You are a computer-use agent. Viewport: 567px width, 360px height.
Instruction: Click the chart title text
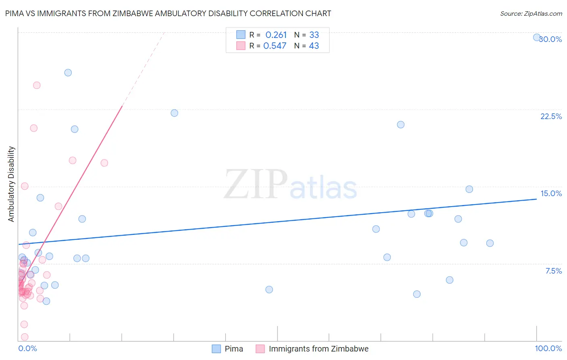[x=168, y=13]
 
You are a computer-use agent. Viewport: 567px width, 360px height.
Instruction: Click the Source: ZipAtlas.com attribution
[x=531, y=13]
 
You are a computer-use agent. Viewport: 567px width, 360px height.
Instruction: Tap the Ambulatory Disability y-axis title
[x=11, y=184]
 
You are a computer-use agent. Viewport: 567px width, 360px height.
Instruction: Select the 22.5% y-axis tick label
[x=551, y=116]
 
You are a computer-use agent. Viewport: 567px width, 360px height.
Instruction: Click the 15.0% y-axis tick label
[x=551, y=193]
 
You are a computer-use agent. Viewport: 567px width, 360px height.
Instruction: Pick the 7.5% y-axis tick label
[x=553, y=271]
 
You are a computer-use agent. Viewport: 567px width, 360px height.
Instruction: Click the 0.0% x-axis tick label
[x=27, y=348]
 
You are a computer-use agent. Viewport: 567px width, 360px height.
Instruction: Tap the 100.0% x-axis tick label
[x=548, y=348]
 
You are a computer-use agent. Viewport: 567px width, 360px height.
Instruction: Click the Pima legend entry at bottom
[x=228, y=349]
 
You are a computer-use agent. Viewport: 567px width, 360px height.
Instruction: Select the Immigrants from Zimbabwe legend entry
[x=313, y=349]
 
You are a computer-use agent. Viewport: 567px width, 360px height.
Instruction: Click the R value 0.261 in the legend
[x=276, y=35]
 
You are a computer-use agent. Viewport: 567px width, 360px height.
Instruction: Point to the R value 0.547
[x=275, y=46]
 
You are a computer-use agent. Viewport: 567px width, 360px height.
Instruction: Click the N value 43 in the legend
[x=314, y=46]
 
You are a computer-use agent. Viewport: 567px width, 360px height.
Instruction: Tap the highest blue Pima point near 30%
[x=537, y=38]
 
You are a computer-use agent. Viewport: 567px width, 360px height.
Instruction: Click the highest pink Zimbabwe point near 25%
[x=37, y=85]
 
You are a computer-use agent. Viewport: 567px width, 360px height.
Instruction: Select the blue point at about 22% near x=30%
[x=174, y=113]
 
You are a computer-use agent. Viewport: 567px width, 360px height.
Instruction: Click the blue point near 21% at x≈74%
[x=400, y=125]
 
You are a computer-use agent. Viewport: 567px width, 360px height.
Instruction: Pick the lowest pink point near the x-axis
[x=25, y=337]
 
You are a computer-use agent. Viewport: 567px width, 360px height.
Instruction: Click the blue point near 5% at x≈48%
[x=269, y=289]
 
